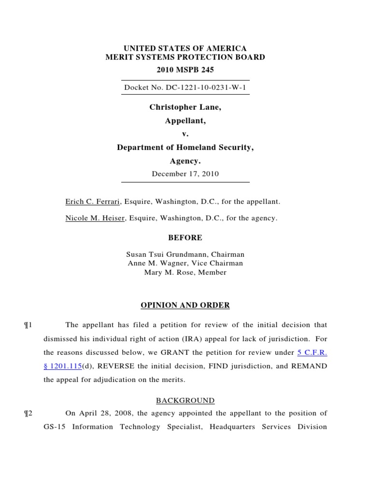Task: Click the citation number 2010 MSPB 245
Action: pyautogui.click(x=185, y=70)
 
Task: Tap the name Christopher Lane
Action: pyautogui.click(x=185, y=107)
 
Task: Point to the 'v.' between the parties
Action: pyautogui.click(x=185, y=134)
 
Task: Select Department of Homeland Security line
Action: pyautogui.click(x=185, y=148)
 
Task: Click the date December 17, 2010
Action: pyautogui.click(x=185, y=174)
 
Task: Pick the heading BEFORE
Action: pyautogui.click(x=185, y=238)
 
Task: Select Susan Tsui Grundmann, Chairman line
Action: pyautogui.click(x=185, y=254)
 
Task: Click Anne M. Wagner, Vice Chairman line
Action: pyautogui.click(x=185, y=263)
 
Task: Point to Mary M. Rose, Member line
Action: pyautogui.click(x=185, y=273)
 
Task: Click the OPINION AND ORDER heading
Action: pyautogui.click(x=185, y=306)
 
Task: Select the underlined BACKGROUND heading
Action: pyautogui.click(x=185, y=401)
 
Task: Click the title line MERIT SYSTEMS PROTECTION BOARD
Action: pyautogui.click(x=185, y=57)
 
